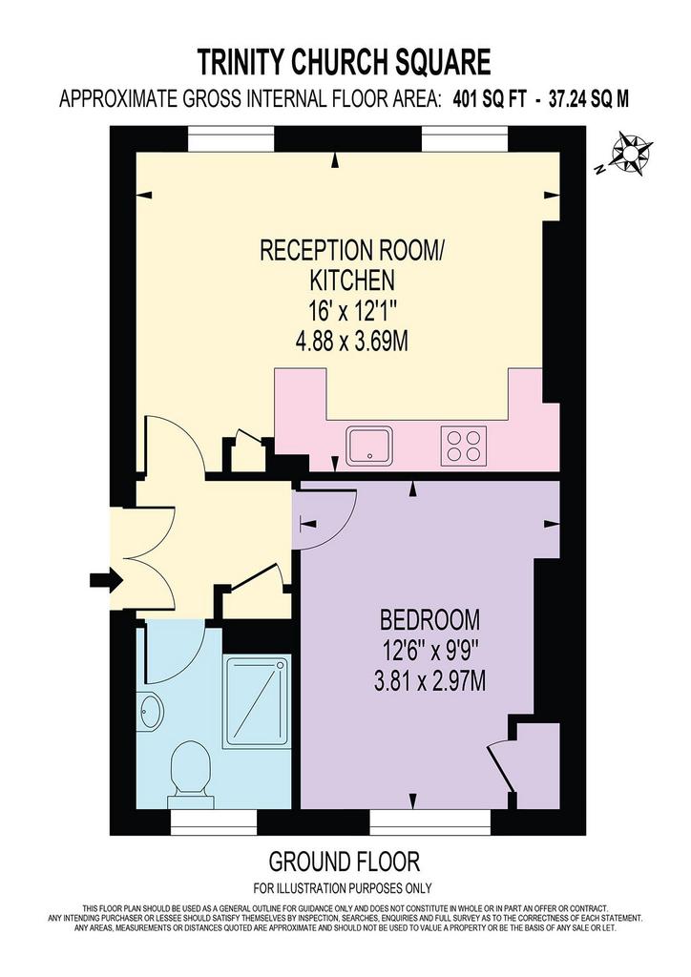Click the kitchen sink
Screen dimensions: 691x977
click(x=370, y=445)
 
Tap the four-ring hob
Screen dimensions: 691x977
click(x=464, y=445)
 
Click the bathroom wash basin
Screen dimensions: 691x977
click(x=151, y=710)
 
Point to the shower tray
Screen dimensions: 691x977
click(x=257, y=700)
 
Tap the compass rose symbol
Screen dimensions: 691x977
click(x=632, y=152)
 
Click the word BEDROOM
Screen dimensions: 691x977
click(x=429, y=620)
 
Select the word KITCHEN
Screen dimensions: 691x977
click(x=352, y=281)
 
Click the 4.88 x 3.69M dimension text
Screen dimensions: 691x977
click(x=352, y=343)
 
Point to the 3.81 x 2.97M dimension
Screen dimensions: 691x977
click(x=429, y=682)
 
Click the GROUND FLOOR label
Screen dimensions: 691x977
click(x=344, y=862)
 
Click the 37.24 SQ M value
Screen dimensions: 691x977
click(x=589, y=99)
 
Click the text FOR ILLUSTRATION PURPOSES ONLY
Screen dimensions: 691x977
click(x=343, y=888)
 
